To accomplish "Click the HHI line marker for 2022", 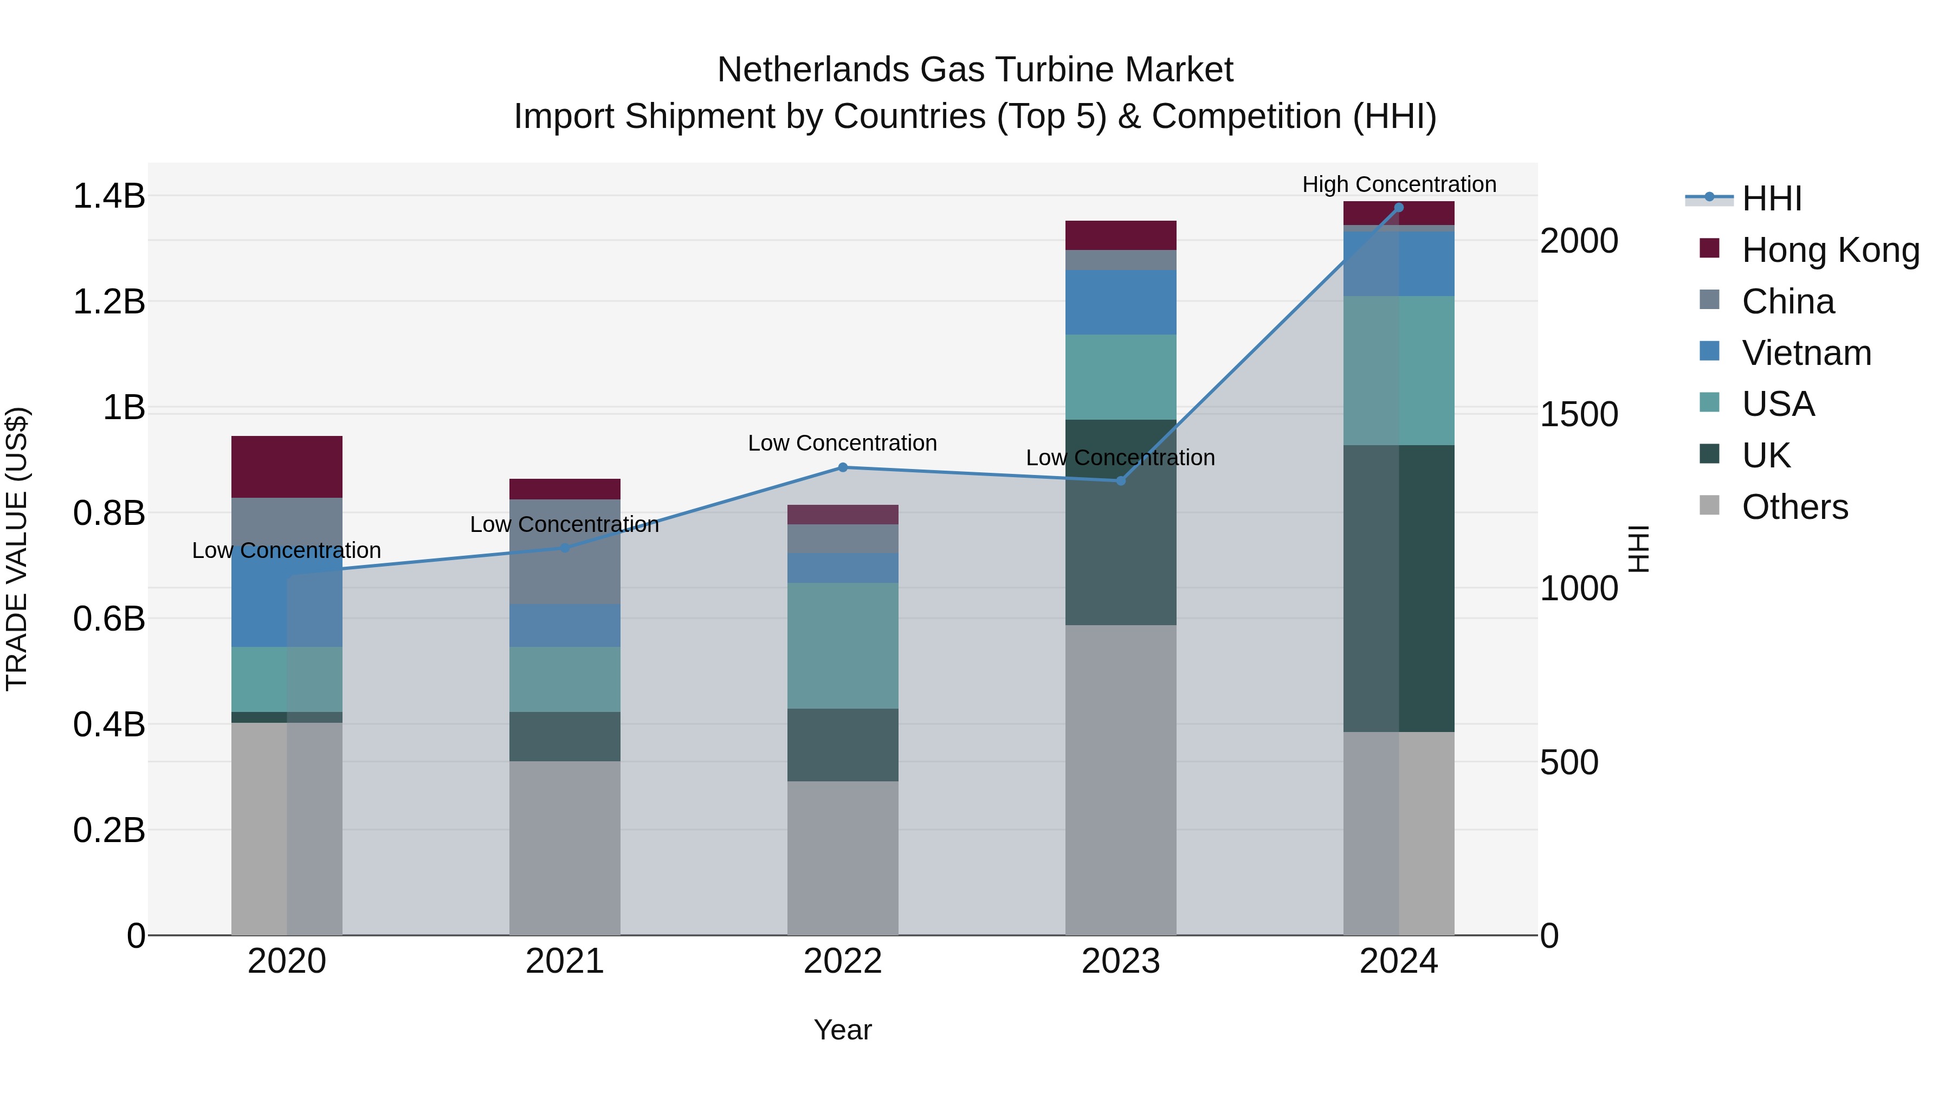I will tap(842, 467).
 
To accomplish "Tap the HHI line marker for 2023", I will tap(1121, 480).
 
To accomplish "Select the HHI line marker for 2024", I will tap(1399, 208).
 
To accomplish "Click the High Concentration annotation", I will tap(1399, 184).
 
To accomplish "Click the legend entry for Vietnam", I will tap(1806, 353).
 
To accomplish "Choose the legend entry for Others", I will tap(1794, 507).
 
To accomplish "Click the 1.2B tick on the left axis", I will tap(108, 301).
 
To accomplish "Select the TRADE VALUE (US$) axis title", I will tap(17, 549).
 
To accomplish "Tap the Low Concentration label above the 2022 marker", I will tap(842, 444).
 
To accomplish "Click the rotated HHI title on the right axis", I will tap(1638, 549).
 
